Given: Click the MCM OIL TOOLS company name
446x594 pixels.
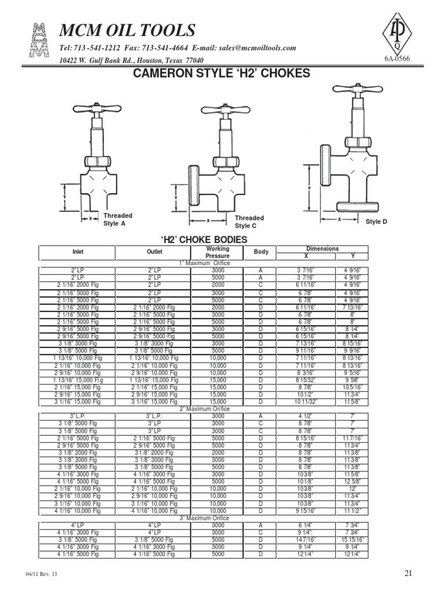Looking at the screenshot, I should click(127, 30).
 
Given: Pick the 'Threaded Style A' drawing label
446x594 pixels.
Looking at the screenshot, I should click(118, 219).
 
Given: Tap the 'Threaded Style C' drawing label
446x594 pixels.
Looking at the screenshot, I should click(250, 222).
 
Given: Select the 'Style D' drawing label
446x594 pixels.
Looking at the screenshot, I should click(376, 222).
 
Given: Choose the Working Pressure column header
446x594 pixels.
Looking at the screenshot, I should click(218, 252).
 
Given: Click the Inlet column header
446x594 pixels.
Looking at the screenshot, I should click(77, 252).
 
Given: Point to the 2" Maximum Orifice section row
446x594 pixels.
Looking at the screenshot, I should click(204, 409).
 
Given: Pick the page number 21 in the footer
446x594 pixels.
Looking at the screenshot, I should click(408, 573).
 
